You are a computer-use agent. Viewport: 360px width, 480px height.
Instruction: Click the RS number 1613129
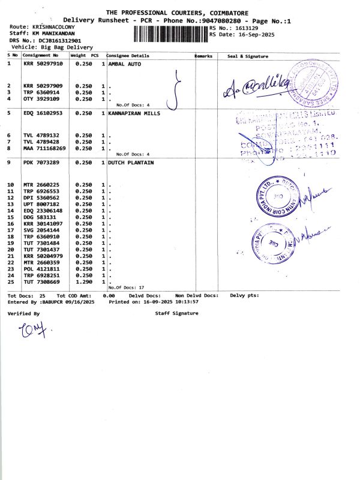pos(247,28)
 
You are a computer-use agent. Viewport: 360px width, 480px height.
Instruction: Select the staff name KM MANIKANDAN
pos(51,34)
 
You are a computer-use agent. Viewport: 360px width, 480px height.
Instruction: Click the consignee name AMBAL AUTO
pos(125,64)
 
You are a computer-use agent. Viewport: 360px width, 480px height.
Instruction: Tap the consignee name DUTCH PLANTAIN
pos(131,163)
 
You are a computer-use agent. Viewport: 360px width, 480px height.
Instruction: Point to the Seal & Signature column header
pos(247,56)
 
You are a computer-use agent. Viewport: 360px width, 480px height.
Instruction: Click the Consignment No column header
pos(41,56)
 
